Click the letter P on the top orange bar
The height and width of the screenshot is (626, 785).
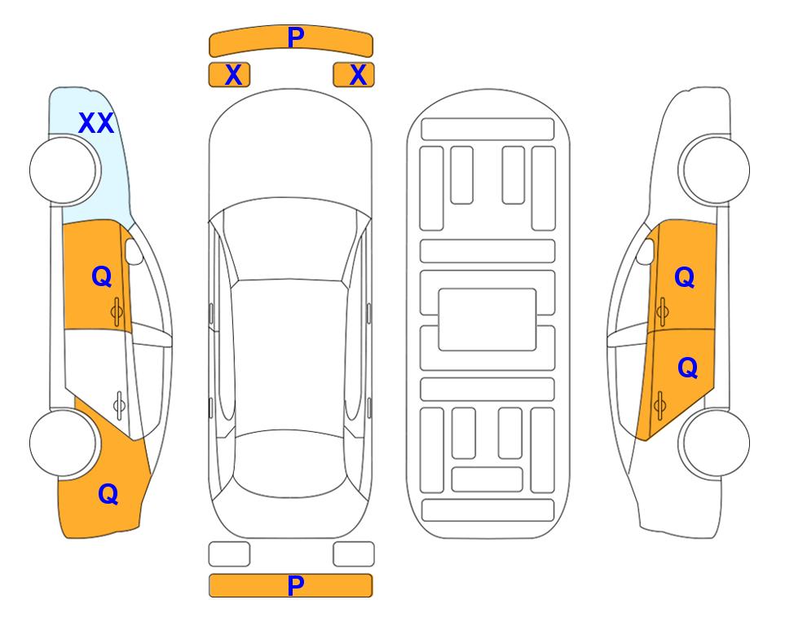point(296,37)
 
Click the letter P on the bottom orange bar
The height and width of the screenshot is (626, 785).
point(296,585)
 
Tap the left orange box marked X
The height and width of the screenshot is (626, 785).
point(229,75)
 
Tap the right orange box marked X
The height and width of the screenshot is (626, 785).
point(354,75)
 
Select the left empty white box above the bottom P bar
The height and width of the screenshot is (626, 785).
point(229,554)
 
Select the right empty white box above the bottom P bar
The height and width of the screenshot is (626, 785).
point(354,554)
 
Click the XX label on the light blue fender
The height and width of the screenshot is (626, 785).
point(96,123)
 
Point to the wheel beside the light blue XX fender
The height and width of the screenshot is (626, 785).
point(65,170)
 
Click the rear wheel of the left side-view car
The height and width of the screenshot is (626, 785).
point(64,443)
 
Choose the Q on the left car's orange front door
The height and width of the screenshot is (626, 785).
point(102,276)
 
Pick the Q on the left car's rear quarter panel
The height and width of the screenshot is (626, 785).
point(108,494)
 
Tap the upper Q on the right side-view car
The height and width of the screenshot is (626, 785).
point(685,277)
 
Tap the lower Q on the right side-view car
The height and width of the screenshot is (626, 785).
point(687,368)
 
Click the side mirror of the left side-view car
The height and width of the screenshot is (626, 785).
point(134,251)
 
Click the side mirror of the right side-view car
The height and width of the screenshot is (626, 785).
point(646,251)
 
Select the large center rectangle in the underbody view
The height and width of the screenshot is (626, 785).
point(487,320)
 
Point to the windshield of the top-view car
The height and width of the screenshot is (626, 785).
point(290,240)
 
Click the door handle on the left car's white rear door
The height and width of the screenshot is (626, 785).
point(119,404)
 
